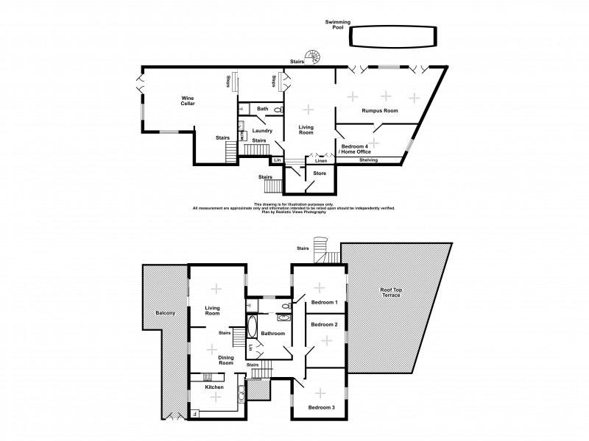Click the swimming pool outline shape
pos(392,35)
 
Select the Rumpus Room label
pos(379,111)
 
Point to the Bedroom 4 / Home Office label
pos(356,149)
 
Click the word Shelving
pos(368,160)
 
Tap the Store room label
pos(319,173)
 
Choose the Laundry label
pos(263,132)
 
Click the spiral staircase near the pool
pos(315,56)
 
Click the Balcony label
pos(165,314)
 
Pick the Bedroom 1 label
pos(325,302)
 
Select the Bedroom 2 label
pos(325,324)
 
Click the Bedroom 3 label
pos(321,407)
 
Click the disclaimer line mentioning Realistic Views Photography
pos(294,212)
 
